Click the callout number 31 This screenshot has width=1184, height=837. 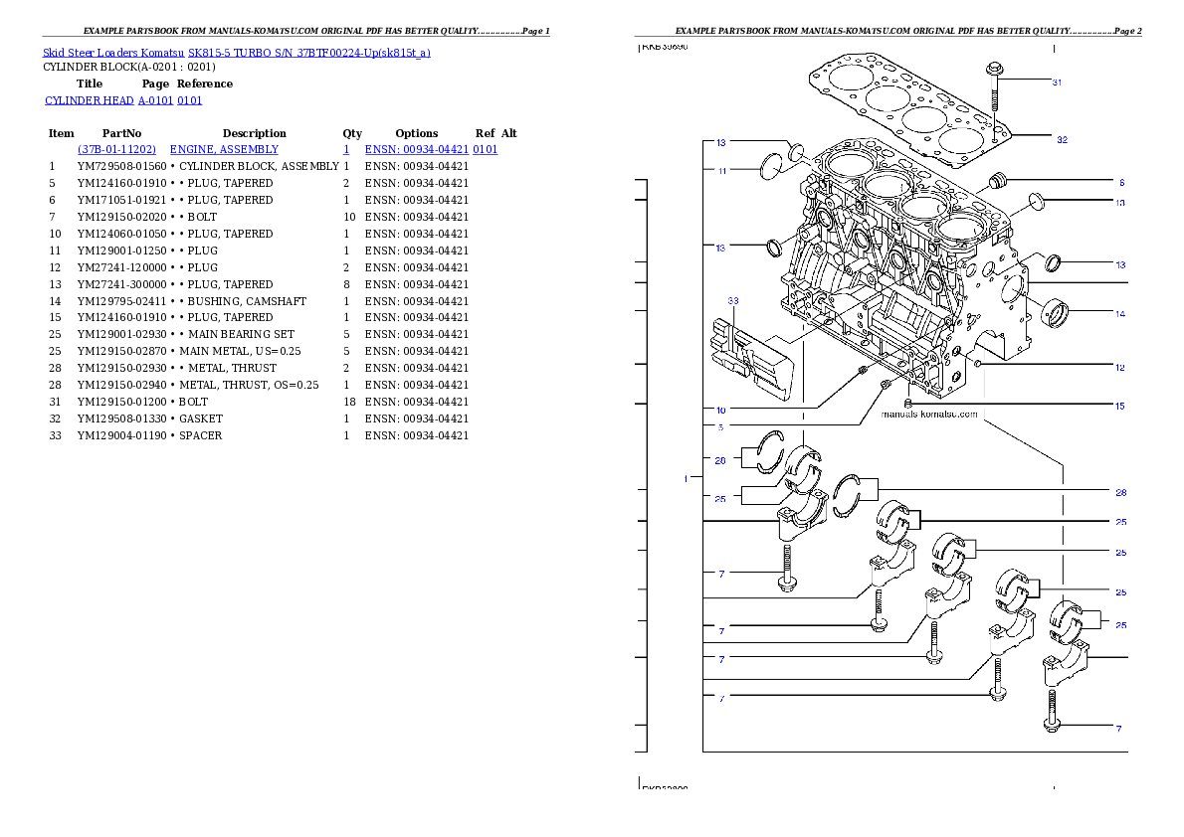pyautogui.click(x=1057, y=82)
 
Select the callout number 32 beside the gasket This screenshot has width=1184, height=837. pyautogui.click(x=1062, y=140)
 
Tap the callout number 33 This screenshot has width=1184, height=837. pyautogui.click(x=733, y=299)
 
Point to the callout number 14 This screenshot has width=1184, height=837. pyautogui.click(x=1119, y=314)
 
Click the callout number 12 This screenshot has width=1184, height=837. pyautogui.click(x=1119, y=368)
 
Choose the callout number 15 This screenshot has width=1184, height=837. pyautogui.click(x=1119, y=406)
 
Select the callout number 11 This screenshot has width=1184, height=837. pyautogui.click(x=721, y=171)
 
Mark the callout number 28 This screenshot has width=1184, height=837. pyautogui.click(x=1120, y=492)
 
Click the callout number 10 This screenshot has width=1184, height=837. pyautogui.click(x=720, y=409)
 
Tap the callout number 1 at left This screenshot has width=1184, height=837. pyautogui.click(x=686, y=479)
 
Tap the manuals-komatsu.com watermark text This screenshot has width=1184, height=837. pyautogui.click(x=930, y=414)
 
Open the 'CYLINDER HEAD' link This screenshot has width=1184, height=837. pyautogui.click(x=124, y=100)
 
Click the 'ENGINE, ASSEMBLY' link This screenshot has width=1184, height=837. pyautogui.click(x=224, y=149)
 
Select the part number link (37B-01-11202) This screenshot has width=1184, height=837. pyautogui.click(x=116, y=149)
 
